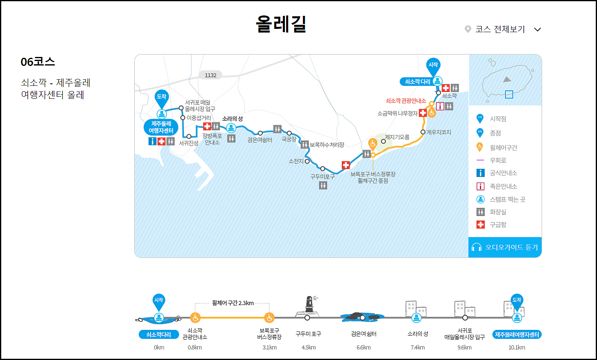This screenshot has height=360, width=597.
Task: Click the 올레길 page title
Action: [281, 24]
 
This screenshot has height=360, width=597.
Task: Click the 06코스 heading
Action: [38, 62]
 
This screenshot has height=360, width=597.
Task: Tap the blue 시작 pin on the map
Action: [433, 65]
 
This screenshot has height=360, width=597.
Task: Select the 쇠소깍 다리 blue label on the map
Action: [418, 82]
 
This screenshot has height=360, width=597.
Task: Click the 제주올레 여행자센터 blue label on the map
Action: [161, 127]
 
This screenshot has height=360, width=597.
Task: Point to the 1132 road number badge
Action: [210, 75]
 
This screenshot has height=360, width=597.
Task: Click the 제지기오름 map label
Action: [397, 137]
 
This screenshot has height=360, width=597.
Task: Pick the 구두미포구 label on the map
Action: [322, 177]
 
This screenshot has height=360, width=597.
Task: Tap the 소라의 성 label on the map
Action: [232, 119]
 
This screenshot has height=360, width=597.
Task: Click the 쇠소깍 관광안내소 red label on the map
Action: [406, 100]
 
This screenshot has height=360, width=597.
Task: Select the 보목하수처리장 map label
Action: [327, 145]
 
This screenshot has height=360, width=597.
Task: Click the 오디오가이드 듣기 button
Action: [505, 247]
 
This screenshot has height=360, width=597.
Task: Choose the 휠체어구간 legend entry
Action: [503, 148]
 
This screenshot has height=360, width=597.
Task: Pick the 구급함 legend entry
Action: [498, 225]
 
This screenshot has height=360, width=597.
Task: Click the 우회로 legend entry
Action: [498, 160]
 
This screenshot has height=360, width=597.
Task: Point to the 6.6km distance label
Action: [363, 347]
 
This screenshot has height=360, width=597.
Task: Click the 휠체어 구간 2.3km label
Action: [233, 303]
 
